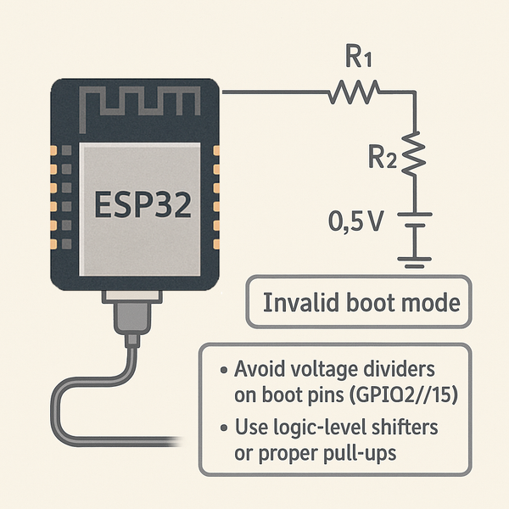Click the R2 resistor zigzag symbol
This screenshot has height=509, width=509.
(x=414, y=154)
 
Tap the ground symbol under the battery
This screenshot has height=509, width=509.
(x=414, y=260)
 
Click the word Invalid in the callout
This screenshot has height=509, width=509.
(x=297, y=303)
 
